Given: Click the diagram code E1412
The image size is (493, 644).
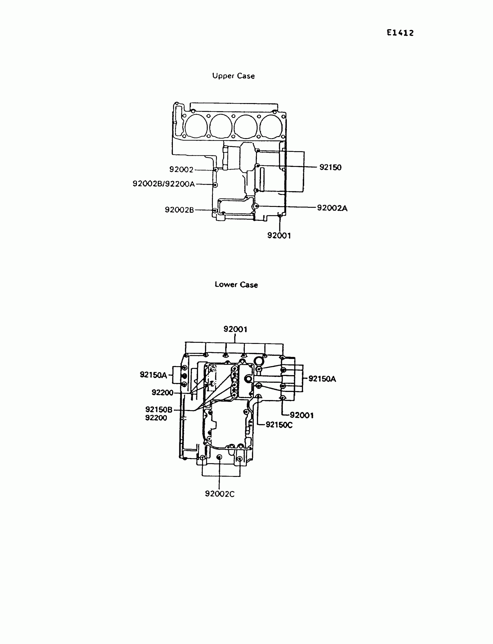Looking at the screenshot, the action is point(400,33).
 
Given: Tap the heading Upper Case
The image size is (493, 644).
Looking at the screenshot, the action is point(233,76).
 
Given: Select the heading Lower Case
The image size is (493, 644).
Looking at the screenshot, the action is point(236,284).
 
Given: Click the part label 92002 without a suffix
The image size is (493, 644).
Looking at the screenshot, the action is point(181,169).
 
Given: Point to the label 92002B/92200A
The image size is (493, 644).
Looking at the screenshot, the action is point(164,184).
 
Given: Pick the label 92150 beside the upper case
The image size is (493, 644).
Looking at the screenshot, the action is point(330,167).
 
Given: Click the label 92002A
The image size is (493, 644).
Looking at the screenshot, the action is point(332,208).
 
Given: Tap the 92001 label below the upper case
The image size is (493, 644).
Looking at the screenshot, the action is point(279,236).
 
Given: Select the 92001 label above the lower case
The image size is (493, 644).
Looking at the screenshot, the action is point(235,329).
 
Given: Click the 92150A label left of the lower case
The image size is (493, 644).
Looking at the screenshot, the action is point(153,375).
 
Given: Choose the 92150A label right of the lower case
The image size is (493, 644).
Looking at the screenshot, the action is point(322,379).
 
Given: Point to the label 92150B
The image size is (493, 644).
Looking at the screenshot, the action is point(159,410).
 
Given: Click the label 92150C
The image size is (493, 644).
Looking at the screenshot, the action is point(279,425).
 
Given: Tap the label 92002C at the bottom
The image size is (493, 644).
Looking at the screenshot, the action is point(220,494).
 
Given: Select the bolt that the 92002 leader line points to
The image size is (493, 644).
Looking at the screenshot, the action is point(216,170).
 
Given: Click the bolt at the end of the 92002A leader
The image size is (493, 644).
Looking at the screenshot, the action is point(257,206).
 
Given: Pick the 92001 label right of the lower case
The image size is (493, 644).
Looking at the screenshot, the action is point(302,415).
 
